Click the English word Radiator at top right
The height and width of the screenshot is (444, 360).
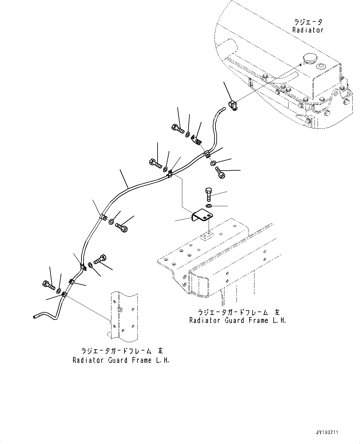tap(308, 30)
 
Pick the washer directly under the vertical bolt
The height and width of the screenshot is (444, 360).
tap(209, 206)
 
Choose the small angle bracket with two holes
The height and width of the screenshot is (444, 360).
tap(196, 140)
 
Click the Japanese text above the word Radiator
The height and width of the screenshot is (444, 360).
tap(308, 22)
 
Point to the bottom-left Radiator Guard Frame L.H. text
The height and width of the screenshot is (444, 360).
tap(121, 360)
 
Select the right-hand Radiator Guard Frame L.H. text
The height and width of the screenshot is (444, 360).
tap(237, 320)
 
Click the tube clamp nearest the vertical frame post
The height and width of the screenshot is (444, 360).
tap(64, 294)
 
